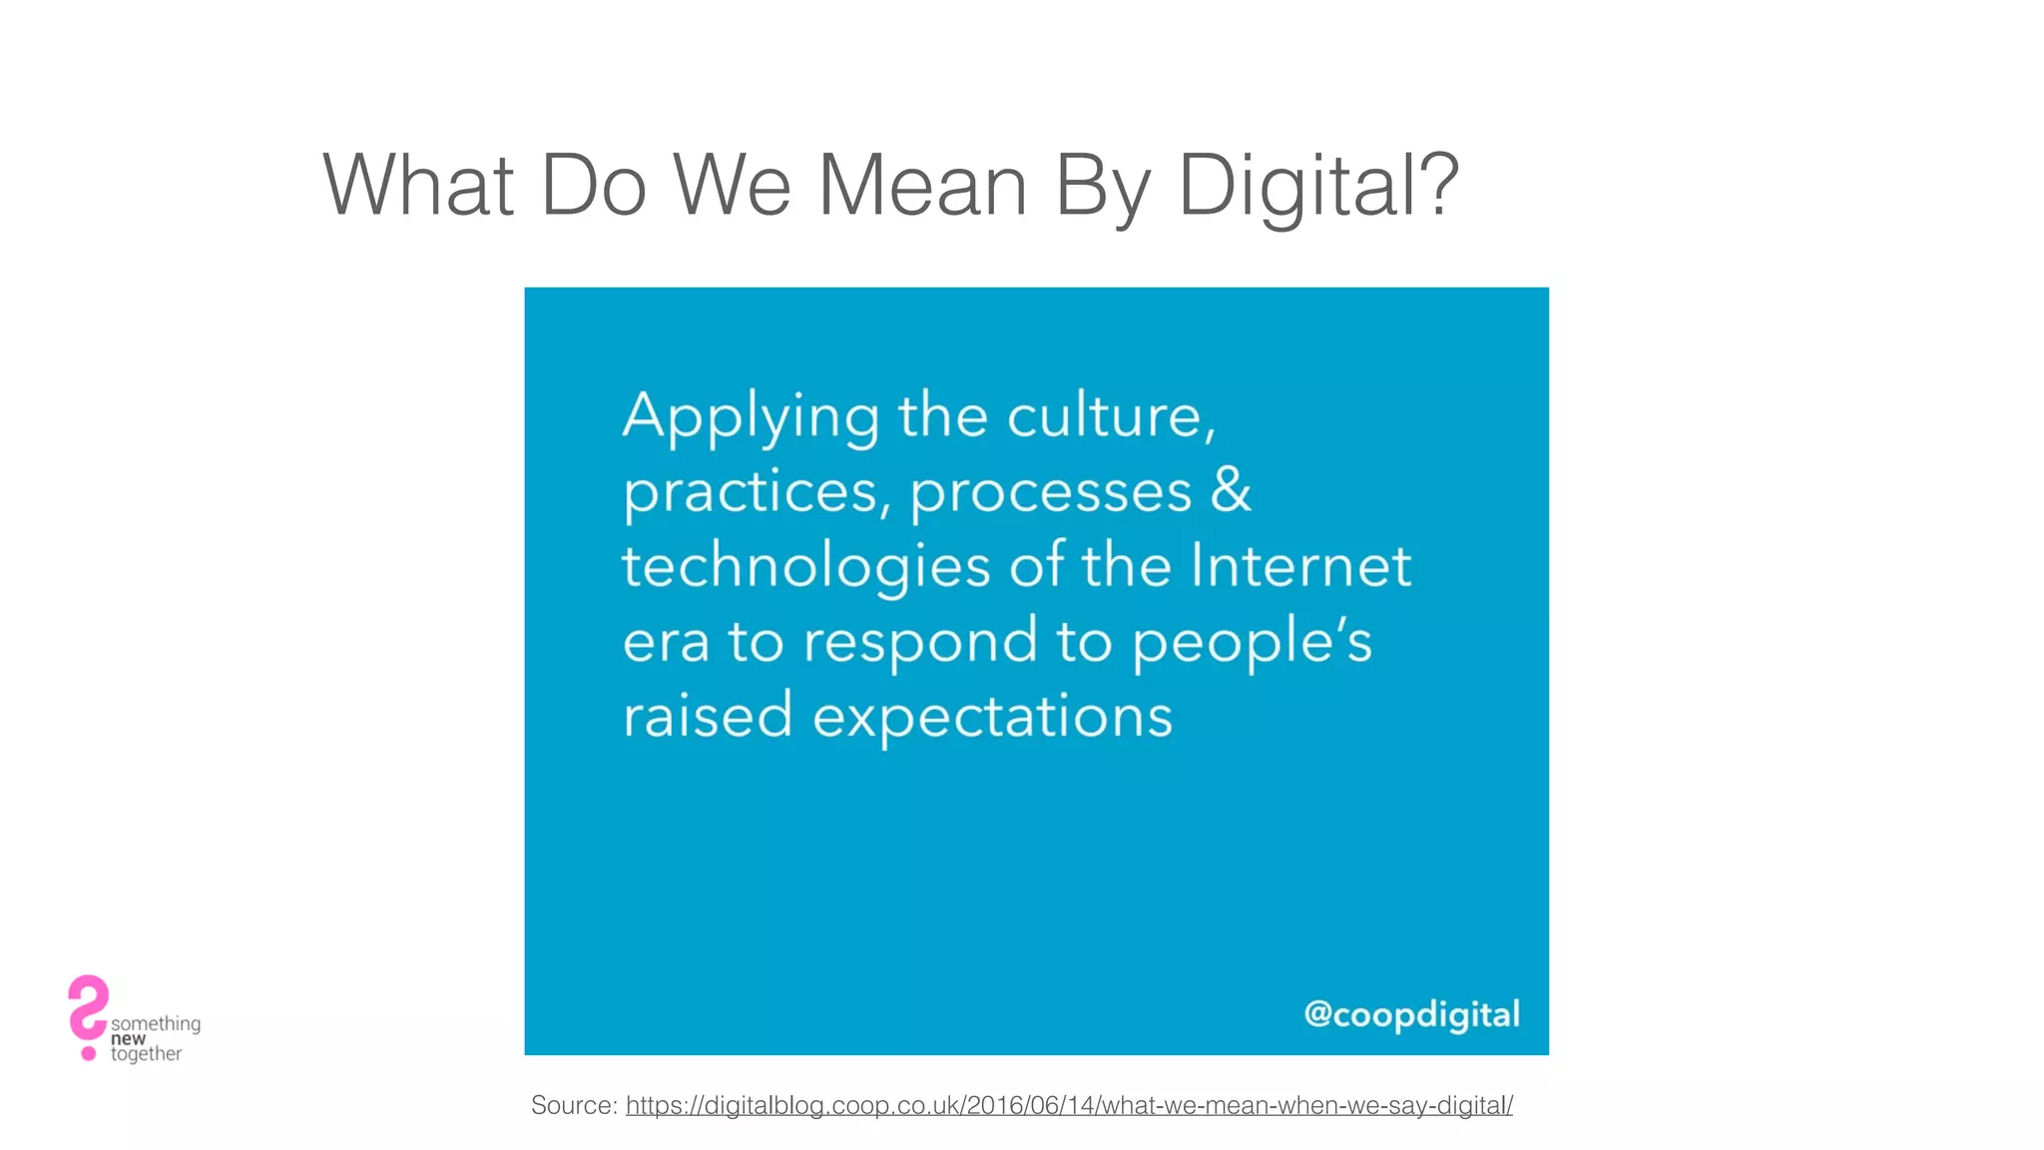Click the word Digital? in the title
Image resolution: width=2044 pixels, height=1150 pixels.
[1318, 186]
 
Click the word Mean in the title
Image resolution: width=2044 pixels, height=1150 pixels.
[922, 186]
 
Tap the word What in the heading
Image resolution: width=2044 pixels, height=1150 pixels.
[418, 186]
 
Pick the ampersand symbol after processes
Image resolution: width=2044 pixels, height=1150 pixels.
[1231, 489]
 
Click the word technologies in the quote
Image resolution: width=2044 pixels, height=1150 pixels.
[805, 567]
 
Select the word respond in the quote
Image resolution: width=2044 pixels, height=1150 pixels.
[920, 643]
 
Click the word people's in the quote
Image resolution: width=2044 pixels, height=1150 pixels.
[1252, 643]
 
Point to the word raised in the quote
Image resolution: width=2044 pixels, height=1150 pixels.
[708, 716]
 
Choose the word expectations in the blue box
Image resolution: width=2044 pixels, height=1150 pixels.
[992, 718]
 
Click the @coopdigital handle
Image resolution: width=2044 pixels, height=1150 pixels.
[1411, 1014]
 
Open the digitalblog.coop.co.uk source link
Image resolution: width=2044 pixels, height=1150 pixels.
[1069, 1105]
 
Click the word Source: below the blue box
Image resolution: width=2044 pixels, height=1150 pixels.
[574, 1105]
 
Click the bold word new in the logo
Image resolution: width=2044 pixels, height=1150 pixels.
[128, 1039]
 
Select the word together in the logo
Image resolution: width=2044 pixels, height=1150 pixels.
[146, 1054]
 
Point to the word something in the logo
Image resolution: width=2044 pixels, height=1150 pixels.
[156, 1023]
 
